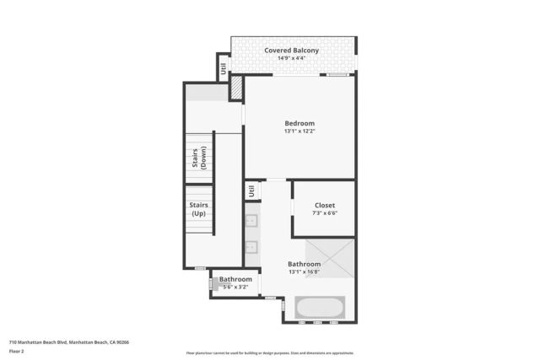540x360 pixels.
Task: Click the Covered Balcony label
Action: tap(291, 51)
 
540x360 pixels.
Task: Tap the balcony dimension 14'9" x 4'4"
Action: tap(291, 59)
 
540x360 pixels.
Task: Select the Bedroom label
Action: tap(300, 123)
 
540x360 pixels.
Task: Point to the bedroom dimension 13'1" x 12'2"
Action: tap(300, 132)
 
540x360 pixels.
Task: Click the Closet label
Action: tap(324, 205)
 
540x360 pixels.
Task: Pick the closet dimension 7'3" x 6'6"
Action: tap(324, 213)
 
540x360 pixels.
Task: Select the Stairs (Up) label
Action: tap(199, 209)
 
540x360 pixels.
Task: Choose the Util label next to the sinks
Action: tap(251, 191)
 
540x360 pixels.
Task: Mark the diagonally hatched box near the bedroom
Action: tap(236, 87)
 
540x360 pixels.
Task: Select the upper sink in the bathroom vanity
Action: tap(251, 222)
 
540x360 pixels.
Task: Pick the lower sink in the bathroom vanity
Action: tap(251, 247)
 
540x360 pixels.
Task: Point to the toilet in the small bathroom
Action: tap(213, 284)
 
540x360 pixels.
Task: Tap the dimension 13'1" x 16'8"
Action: tap(304, 271)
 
